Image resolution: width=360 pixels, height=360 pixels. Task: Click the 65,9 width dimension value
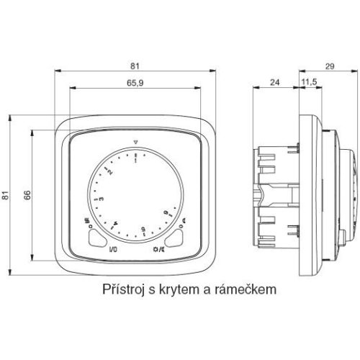pyautogui.click(x=135, y=83)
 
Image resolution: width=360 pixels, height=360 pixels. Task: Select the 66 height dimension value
pyautogui.click(x=27, y=195)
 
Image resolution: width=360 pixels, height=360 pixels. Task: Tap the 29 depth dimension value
pyautogui.click(x=330, y=66)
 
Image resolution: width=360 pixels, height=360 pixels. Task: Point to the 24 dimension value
pyautogui.click(x=275, y=83)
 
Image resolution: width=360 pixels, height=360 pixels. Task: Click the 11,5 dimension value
pyautogui.click(x=309, y=82)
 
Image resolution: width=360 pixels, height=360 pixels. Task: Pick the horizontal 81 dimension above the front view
pyautogui.click(x=135, y=66)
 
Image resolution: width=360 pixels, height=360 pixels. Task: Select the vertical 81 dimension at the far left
pyautogui.click(x=5, y=195)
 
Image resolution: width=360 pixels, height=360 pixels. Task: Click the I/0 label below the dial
pyautogui.click(x=113, y=250)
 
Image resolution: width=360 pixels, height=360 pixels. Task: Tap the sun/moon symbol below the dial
pyautogui.click(x=158, y=250)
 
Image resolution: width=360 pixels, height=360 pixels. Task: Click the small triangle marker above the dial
pyautogui.click(x=135, y=142)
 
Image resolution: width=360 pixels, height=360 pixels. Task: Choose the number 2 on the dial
pyautogui.click(x=110, y=172)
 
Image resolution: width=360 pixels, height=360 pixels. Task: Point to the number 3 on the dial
pyautogui.click(x=102, y=199)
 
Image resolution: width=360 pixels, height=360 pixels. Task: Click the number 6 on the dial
pyautogui.click(x=166, y=212)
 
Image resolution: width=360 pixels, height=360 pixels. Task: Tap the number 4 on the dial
pyautogui.click(x=115, y=223)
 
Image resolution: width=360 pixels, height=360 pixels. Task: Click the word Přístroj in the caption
pyautogui.click(x=124, y=289)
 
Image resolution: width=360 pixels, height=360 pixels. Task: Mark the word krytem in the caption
pyautogui.click(x=179, y=290)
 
